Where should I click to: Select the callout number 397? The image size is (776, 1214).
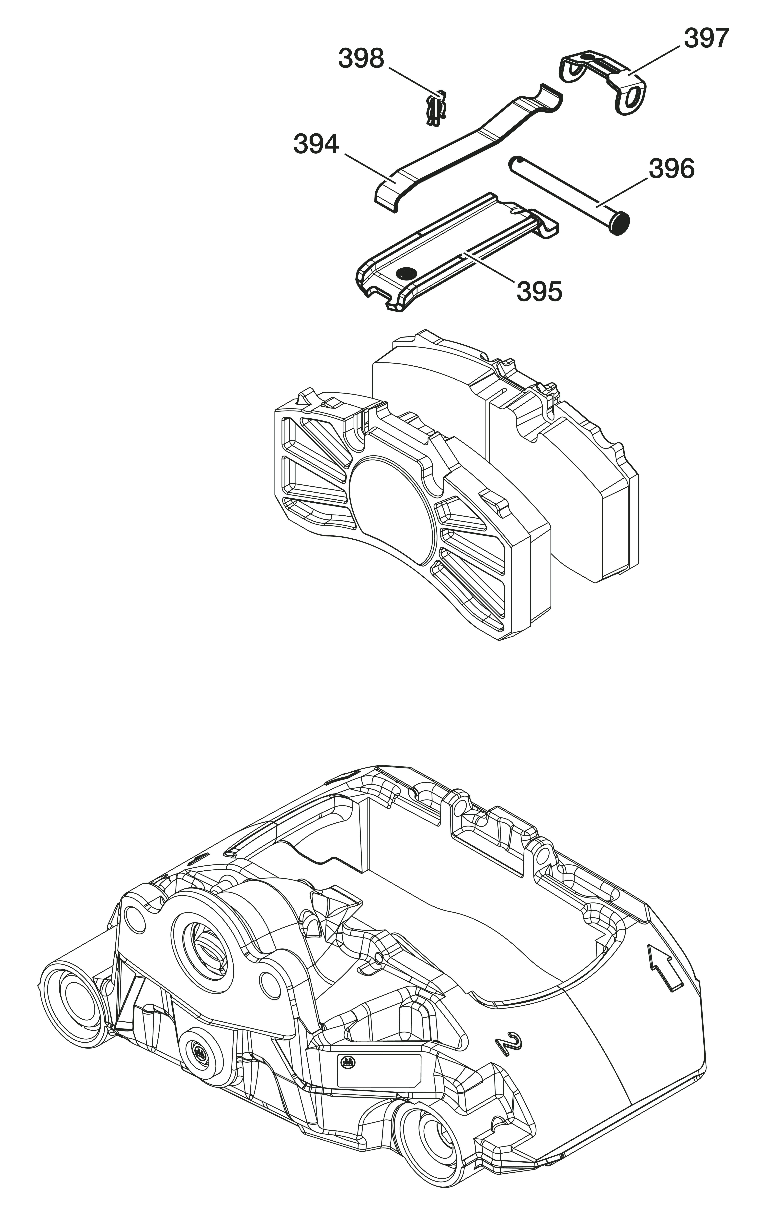pos(706,38)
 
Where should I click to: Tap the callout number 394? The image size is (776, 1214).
pos(316,144)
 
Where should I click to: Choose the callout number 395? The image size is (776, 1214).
pos(539,291)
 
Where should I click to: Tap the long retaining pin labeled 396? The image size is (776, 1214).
pos(564,192)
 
